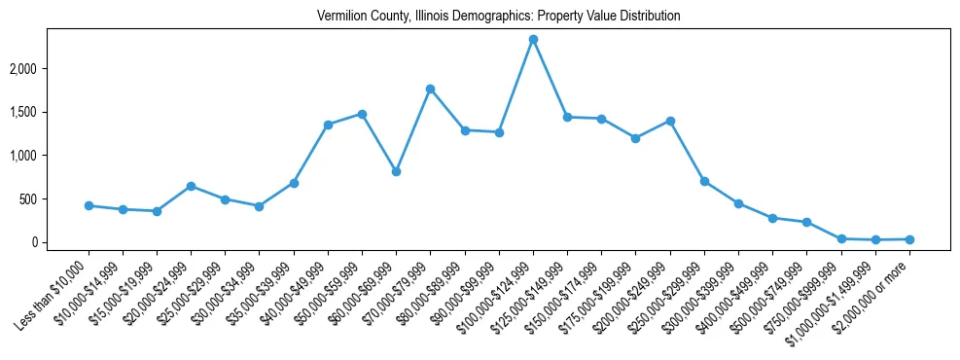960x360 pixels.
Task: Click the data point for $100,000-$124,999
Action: point(533,40)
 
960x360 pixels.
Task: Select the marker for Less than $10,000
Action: point(89,205)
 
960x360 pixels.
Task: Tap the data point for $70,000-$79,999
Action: point(430,89)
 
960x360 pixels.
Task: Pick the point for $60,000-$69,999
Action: point(396,171)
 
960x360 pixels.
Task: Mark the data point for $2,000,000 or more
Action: point(909,239)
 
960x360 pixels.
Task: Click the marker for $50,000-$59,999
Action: point(362,114)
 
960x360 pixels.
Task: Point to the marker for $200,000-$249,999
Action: point(670,121)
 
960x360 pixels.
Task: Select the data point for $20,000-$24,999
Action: point(191,186)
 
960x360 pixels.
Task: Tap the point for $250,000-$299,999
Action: point(704,181)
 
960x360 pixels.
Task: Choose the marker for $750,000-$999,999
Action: point(841,238)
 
